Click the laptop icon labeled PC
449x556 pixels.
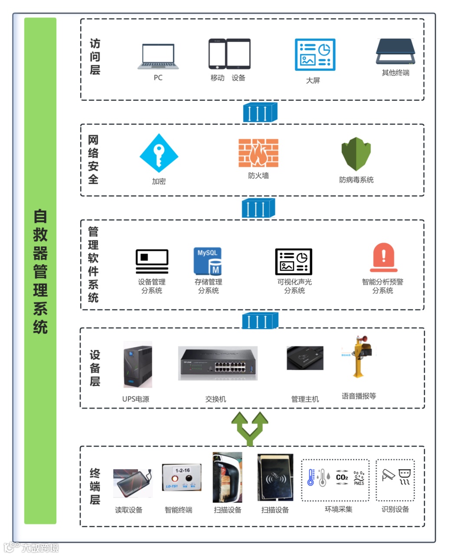point(158,56)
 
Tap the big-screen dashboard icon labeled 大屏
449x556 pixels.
point(315,55)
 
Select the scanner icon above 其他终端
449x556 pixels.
point(395,52)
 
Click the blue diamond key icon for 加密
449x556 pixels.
point(159,153)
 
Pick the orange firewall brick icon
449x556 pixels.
point(258,153)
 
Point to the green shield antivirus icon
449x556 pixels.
point(356,154)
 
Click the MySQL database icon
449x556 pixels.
point(207,261)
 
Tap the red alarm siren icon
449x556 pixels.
point(383,258)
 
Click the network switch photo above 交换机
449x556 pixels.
point(218,363)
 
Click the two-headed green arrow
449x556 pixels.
point(249,428)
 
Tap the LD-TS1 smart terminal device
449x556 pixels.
point(182,478)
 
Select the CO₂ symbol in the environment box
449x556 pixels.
point(342,477)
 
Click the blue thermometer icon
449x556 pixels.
point(311,477)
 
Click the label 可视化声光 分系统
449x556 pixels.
point(295,286)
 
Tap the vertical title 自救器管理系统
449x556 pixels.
point(40,271)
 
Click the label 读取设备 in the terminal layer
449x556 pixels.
point(128,510)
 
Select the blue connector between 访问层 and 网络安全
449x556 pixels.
point(259,112)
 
